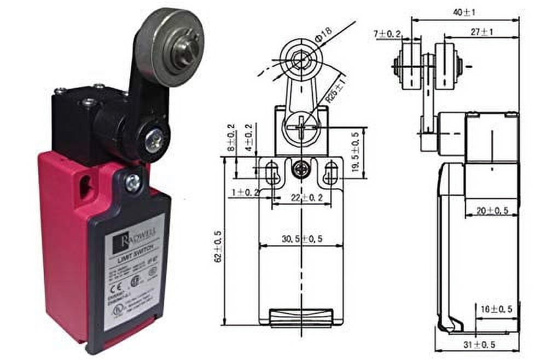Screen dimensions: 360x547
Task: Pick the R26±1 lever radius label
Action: [x=334, y=89]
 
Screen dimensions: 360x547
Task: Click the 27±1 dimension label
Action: [x=481, y=32]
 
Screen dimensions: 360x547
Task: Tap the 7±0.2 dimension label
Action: [x=388, y=34]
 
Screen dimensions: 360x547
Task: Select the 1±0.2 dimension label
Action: [x=245, y=192]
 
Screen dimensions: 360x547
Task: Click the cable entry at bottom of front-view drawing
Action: [x=301, y=317]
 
